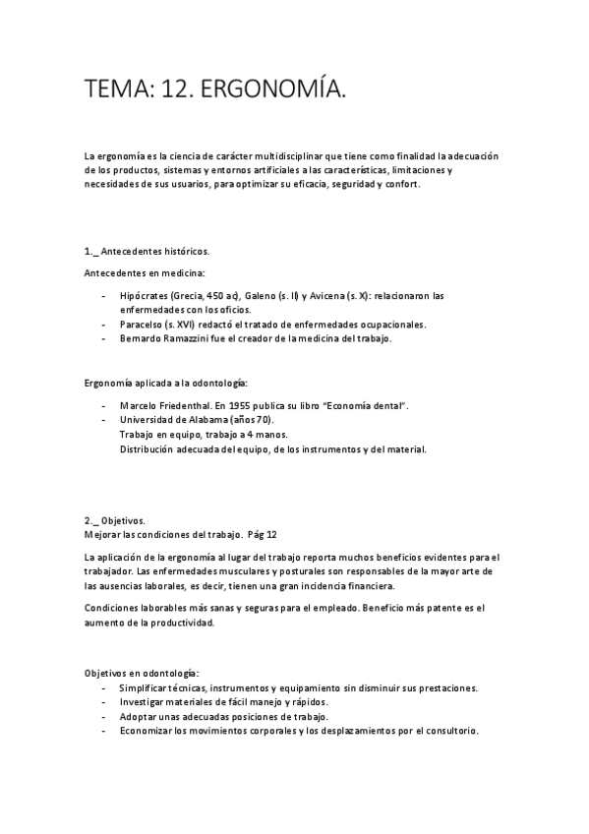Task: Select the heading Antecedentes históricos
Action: pos(153,252)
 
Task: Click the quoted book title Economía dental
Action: pos(358,405)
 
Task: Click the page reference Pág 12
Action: pos(264,534)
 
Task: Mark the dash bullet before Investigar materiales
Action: pos(104,702)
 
